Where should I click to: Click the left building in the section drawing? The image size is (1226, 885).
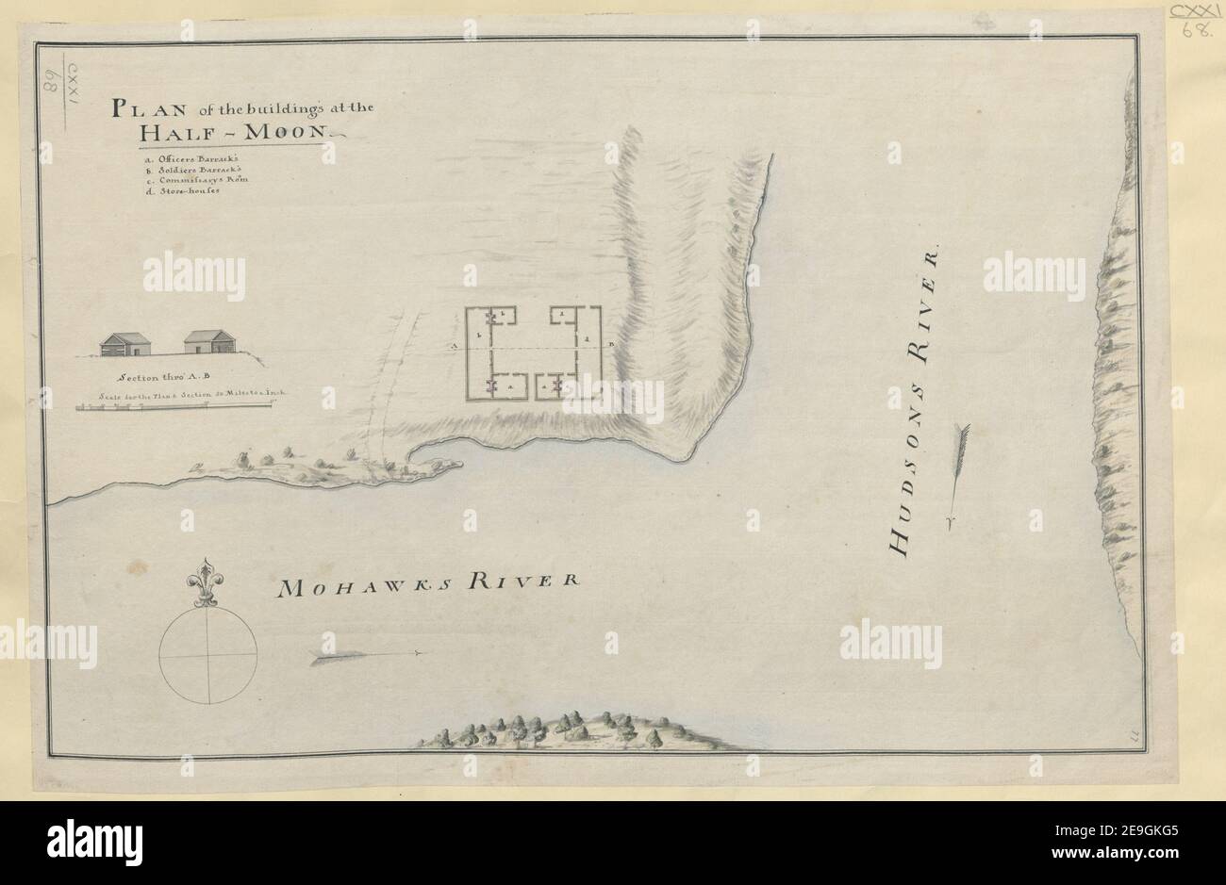pos(126,344)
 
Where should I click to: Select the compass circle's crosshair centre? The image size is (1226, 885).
pos(207,656)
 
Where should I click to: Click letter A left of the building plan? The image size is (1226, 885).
pos(455,347)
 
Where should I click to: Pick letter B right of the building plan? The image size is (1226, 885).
pos(611,346)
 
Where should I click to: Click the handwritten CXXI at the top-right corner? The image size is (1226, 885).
pos(1195,13)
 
